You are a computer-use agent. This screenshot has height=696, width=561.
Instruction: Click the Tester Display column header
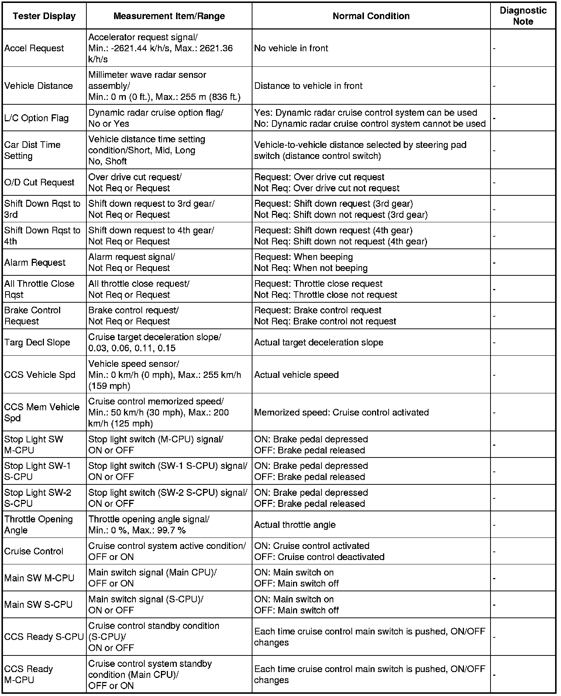(x=44, y=16)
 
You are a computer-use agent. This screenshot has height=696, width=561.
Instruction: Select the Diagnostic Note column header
(x=523, y=16)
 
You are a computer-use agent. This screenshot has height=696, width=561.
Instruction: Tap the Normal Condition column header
(x=371, y=16)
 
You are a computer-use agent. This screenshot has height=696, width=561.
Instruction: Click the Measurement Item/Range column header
(x=169, y=16)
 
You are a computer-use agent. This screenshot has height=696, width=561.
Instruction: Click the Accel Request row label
(x=34, y=48)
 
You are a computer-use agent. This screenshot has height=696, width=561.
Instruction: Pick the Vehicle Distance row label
(x=39, y=86)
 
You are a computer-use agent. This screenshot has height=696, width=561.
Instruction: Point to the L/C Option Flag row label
(x=37, y=118)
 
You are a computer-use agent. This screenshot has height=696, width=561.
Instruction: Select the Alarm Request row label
(x=35, y=262)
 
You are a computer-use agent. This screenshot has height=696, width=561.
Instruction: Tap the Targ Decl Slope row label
(x=37, y=342)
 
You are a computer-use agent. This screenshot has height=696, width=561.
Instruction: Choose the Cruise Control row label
(x=34, y=551)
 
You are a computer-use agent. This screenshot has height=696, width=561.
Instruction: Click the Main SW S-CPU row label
(x=38, y=605)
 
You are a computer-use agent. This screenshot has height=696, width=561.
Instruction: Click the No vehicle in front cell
(x=291, y=48)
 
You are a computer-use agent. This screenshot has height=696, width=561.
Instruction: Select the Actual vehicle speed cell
(x=296, y=375)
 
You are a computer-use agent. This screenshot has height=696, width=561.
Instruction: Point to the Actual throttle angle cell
(x=295, y=525)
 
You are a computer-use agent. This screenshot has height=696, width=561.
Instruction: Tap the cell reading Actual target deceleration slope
(x=319, y=342)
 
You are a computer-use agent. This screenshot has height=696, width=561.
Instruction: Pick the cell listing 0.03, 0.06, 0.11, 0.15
(x=132, y=348)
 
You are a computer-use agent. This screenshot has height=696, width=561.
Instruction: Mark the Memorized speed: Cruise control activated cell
(x=341, y=412)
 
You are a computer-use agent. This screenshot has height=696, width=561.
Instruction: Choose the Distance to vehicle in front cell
(x=309, y=86)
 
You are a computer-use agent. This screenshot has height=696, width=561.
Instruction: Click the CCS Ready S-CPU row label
(x=44, y=637)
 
